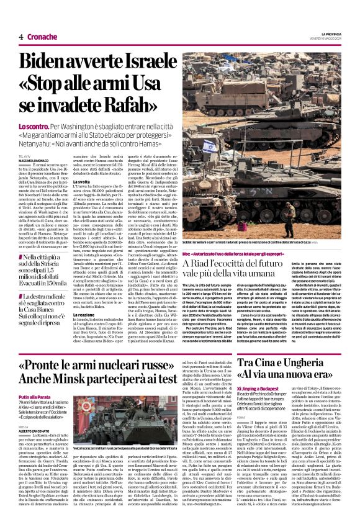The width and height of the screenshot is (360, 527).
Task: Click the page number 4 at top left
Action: point(21,37)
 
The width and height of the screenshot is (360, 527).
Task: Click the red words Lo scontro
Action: point(33,127)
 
